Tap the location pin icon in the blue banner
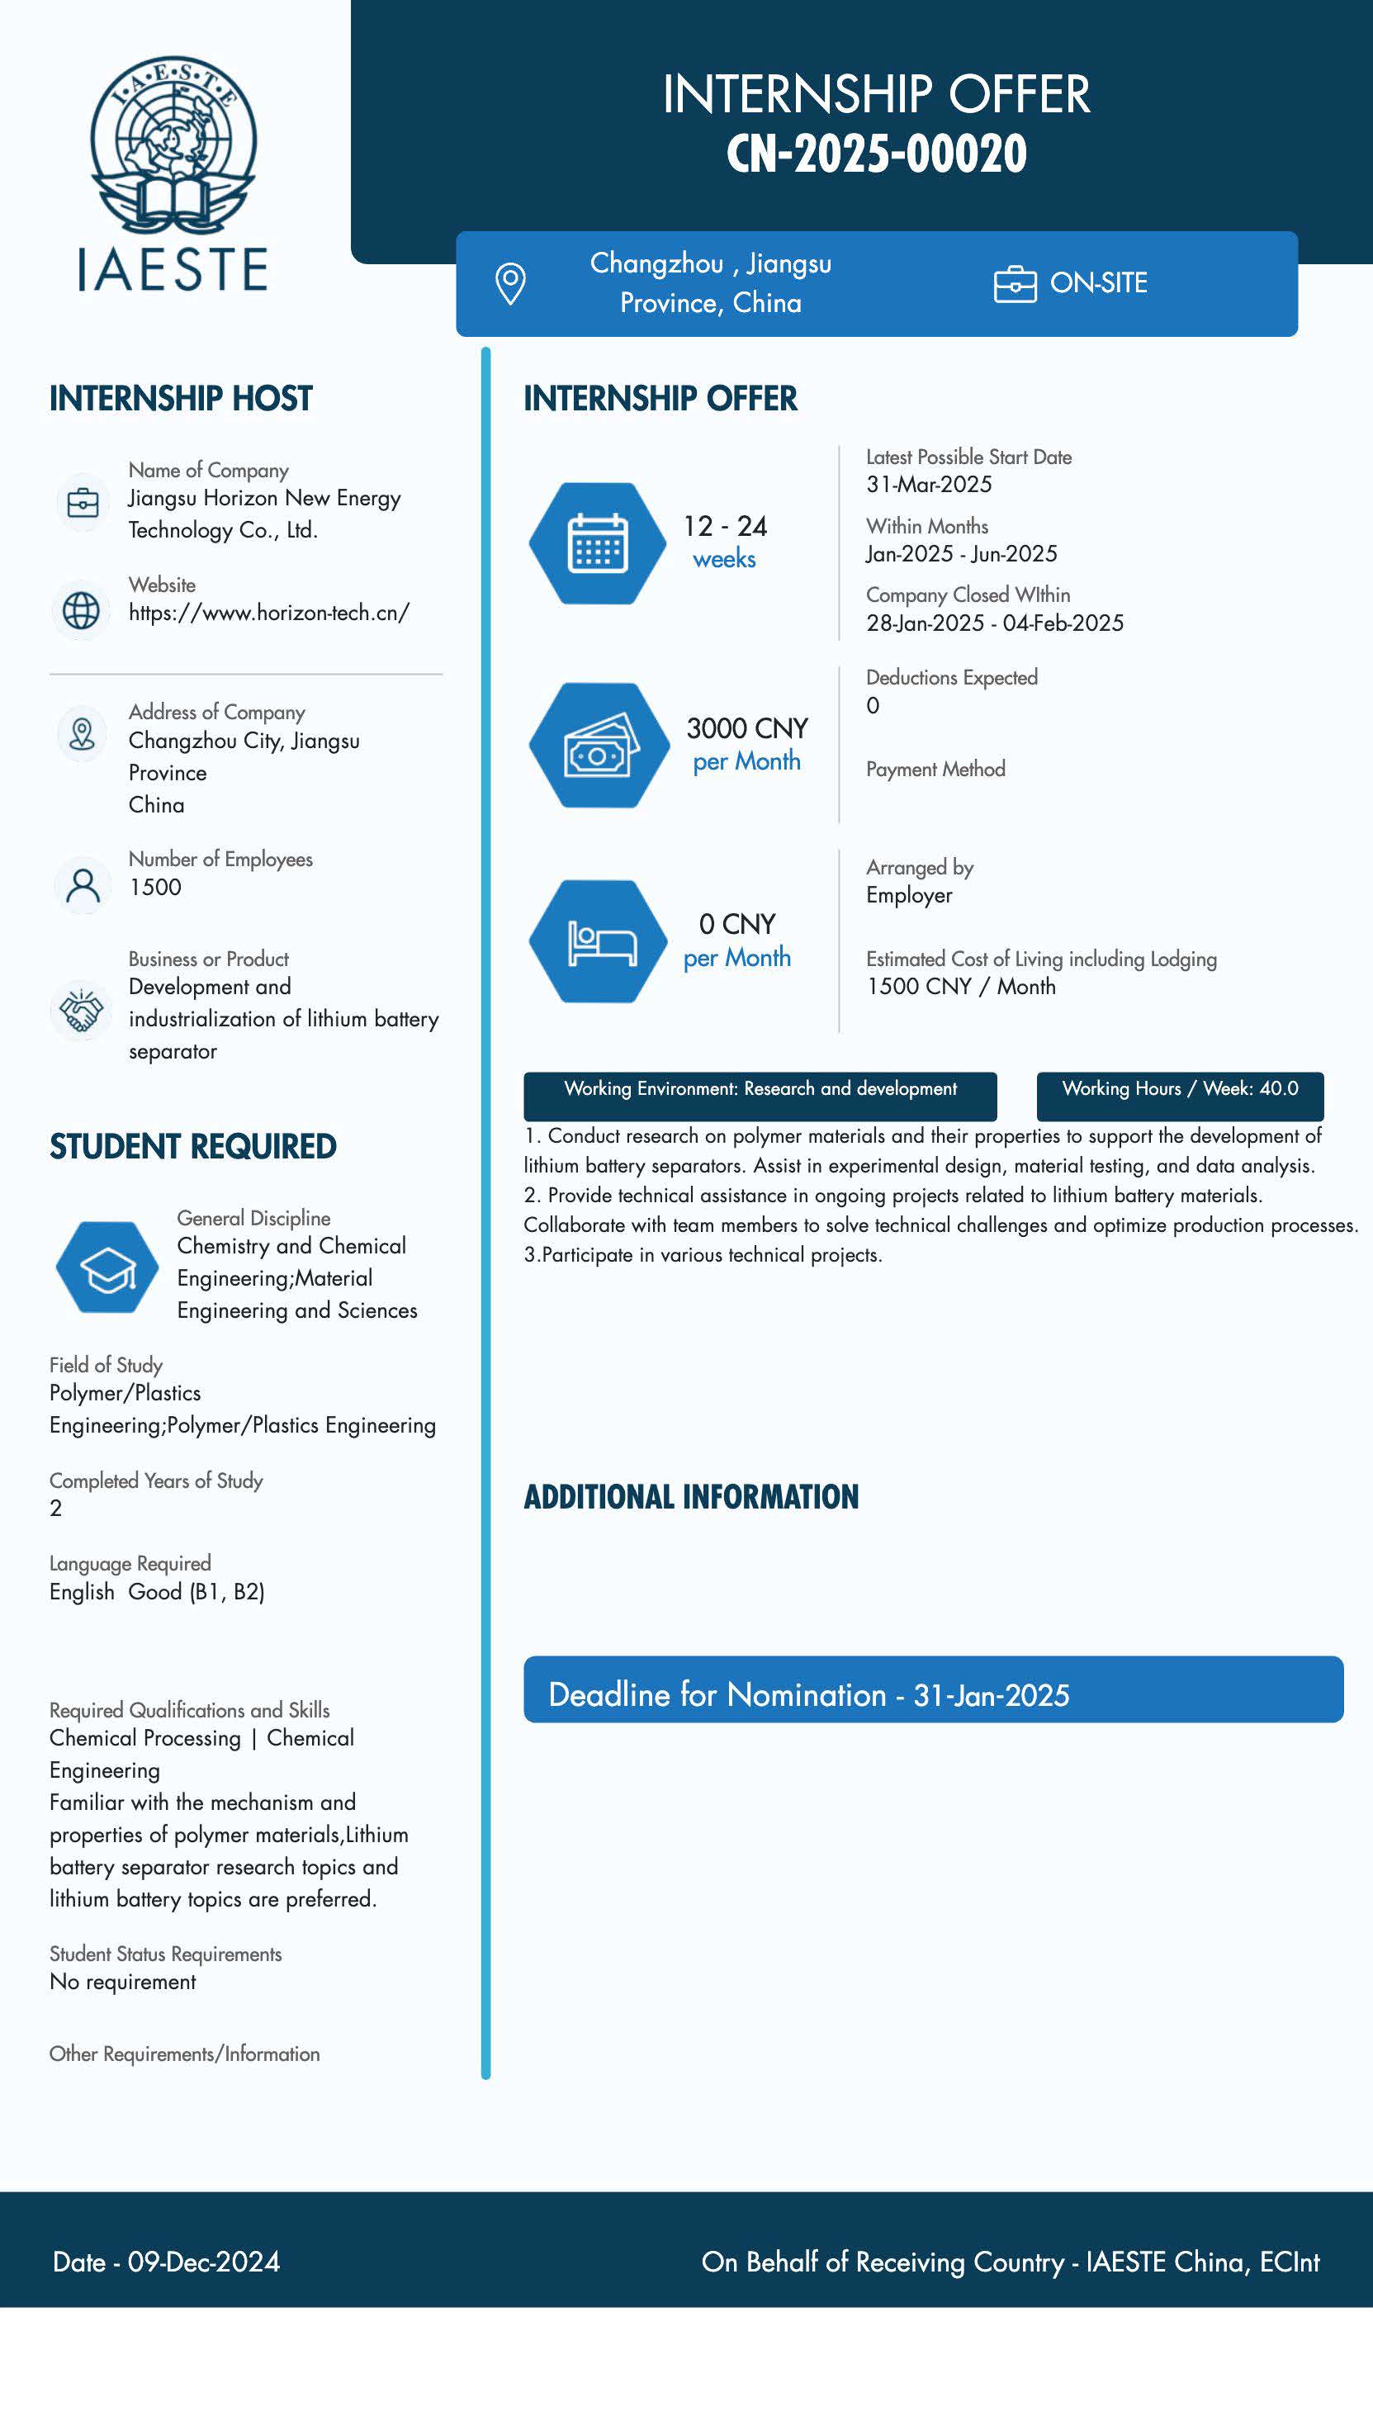[x=510, y=282]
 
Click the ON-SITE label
[x=1098, y=282]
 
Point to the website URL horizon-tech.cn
[x=269, y=613]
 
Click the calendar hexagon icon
[x=597, y=543]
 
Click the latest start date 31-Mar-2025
[x=929, y=484]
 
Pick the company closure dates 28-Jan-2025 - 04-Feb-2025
[x=994, y=623]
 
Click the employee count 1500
[x=155, y=887]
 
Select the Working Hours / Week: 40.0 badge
[x=1179, y=1090]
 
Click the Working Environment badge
[x=760, y=1090]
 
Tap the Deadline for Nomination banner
[x=933, y=1694]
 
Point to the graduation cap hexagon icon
[x=107, y=1267]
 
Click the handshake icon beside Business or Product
[x=81, y=1011]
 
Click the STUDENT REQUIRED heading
[x=192, y=1147]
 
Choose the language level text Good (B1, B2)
[x=196, y=1592]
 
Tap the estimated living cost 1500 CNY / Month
[x=961, y=986]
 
